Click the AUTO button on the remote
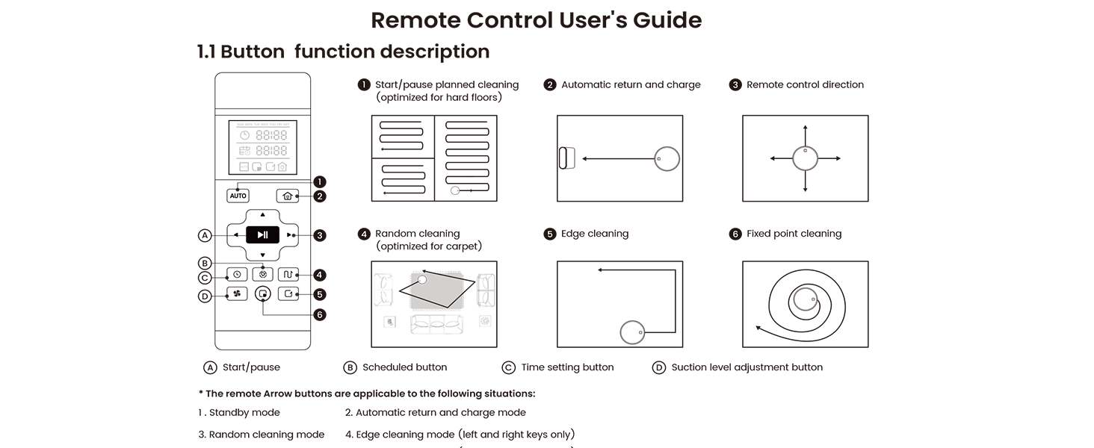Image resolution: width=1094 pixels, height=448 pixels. (238, 196)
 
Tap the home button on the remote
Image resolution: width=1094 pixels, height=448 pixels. (287, 196)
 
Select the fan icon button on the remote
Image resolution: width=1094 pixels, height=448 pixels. (237, 294)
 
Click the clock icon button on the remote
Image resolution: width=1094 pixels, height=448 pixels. (237, 275)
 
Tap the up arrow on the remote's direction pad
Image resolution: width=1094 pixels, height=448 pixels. (262, 215)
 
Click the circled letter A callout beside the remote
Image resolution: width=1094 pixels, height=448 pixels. (205, 235)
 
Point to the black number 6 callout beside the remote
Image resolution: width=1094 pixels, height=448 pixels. (320, 315)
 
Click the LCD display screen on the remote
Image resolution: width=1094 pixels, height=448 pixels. (262, 147)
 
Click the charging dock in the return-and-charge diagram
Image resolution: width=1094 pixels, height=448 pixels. (563, 158)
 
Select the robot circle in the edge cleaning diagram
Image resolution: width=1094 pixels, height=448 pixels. (632, 332)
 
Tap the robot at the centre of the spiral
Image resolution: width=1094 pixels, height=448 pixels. (804, 300)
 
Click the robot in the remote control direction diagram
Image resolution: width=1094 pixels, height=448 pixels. (806, 158)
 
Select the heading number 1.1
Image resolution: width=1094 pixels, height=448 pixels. (206, 52)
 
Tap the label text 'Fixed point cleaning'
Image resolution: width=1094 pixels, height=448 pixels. (794, 234)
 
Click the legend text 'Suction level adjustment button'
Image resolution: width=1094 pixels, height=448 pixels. (747, 367)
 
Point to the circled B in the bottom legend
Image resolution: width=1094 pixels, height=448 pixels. (350, 367)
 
